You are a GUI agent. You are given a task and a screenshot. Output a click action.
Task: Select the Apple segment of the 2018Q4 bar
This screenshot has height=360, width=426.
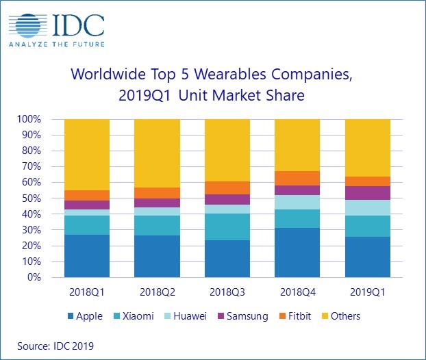tap(297, 253)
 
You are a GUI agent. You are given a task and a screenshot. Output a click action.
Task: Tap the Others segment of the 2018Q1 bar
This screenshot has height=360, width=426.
tap(87, 155)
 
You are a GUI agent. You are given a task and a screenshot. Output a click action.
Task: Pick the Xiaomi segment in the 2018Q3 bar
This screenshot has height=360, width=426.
tap(227, 227)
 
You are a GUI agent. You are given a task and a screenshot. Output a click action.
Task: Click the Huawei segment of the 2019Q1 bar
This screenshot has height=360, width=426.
tap(368, 207)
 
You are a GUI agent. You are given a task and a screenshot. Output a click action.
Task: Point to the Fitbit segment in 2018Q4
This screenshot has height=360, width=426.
tap(297, 178)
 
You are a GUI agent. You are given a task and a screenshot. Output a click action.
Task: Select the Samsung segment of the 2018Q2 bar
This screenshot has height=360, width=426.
tap(157, 203)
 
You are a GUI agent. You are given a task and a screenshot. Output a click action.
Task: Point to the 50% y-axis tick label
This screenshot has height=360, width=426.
tap(32, 198)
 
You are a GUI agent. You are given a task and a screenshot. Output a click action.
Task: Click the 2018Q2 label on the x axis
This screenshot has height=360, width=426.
tap(157, 293)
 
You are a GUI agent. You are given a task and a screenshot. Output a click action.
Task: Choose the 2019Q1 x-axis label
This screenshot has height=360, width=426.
tap(368, 293)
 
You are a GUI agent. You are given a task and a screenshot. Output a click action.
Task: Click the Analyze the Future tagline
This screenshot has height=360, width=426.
tap(56, 46)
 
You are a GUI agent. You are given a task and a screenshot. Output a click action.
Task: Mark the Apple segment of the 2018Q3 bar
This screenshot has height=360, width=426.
tap(227, 259)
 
